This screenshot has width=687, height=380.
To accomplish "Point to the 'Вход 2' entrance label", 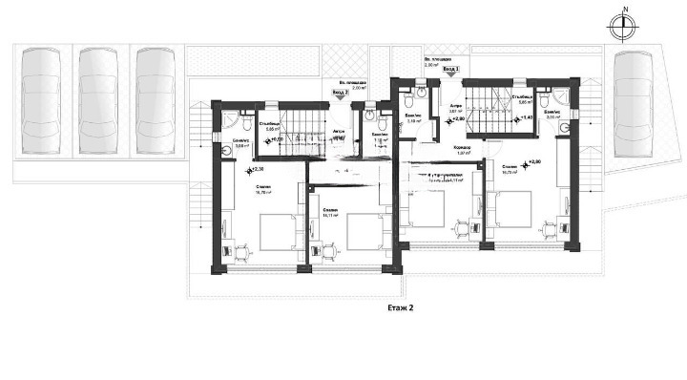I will click(340, 94).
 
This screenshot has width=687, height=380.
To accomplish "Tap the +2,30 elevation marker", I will click(255, 171).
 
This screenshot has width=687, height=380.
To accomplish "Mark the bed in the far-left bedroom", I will click(278, 232).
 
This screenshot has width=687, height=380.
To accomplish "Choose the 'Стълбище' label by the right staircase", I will click(521, 96).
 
